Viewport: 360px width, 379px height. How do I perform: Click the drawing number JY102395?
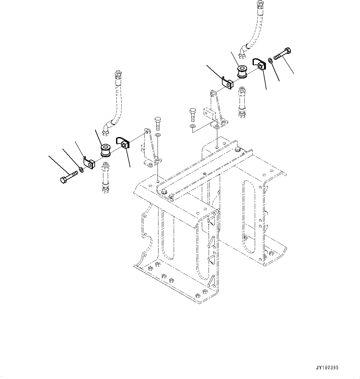coord(327,368)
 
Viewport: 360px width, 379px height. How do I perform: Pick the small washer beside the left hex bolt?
coord(81,169)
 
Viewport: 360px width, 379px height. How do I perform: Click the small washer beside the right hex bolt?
coord(270,60)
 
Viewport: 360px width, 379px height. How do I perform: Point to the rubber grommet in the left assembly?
coord(105,151)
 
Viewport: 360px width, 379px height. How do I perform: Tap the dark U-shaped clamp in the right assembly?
coord(259,64)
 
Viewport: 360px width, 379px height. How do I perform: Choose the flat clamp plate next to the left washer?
coord(89,163)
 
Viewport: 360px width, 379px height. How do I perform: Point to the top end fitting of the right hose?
coord(259,4)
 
